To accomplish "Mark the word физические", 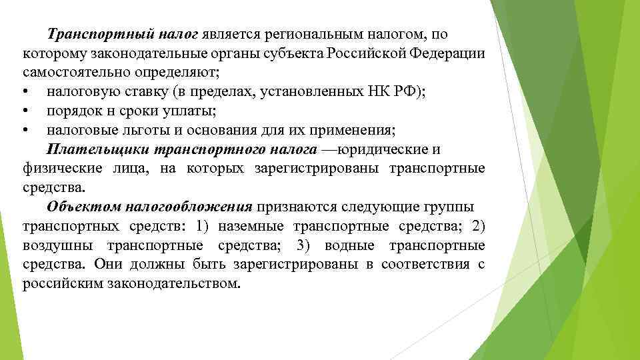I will point(57,168).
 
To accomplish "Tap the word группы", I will point(461,206).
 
